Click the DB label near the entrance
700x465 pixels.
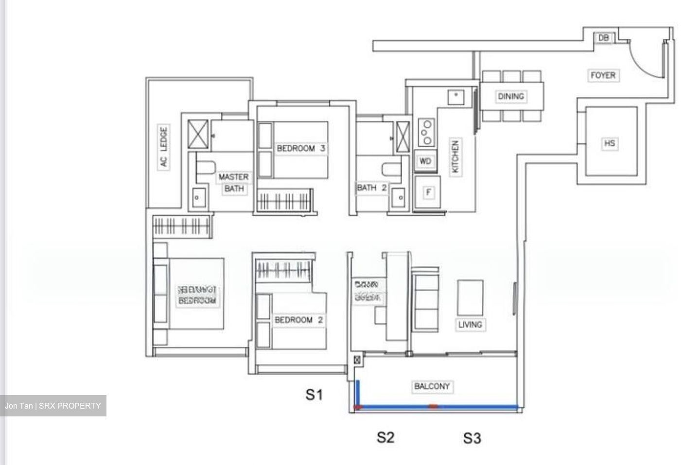[603, 38]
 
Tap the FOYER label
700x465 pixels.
[603, 75]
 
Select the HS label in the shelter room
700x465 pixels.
[609, 143]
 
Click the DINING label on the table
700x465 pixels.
[511, 96]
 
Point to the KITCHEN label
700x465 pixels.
[455, 157]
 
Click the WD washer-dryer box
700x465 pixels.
[425, 161]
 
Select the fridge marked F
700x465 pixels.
[428, 192]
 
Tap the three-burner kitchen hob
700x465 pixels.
[426, 131]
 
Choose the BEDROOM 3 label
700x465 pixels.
[300, 148]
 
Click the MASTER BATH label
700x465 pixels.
[233, 183]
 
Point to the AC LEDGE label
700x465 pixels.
[164, 147]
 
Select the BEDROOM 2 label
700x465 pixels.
[298, 320]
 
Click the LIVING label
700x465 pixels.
[470, 324]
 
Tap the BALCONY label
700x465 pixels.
[432, 387]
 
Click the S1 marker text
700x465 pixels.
[314, 395]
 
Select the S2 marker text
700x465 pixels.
[385, 437]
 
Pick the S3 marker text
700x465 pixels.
[472, 438]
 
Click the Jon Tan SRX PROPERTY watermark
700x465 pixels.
[53, 406]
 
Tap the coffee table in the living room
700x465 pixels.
[470, 297]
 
